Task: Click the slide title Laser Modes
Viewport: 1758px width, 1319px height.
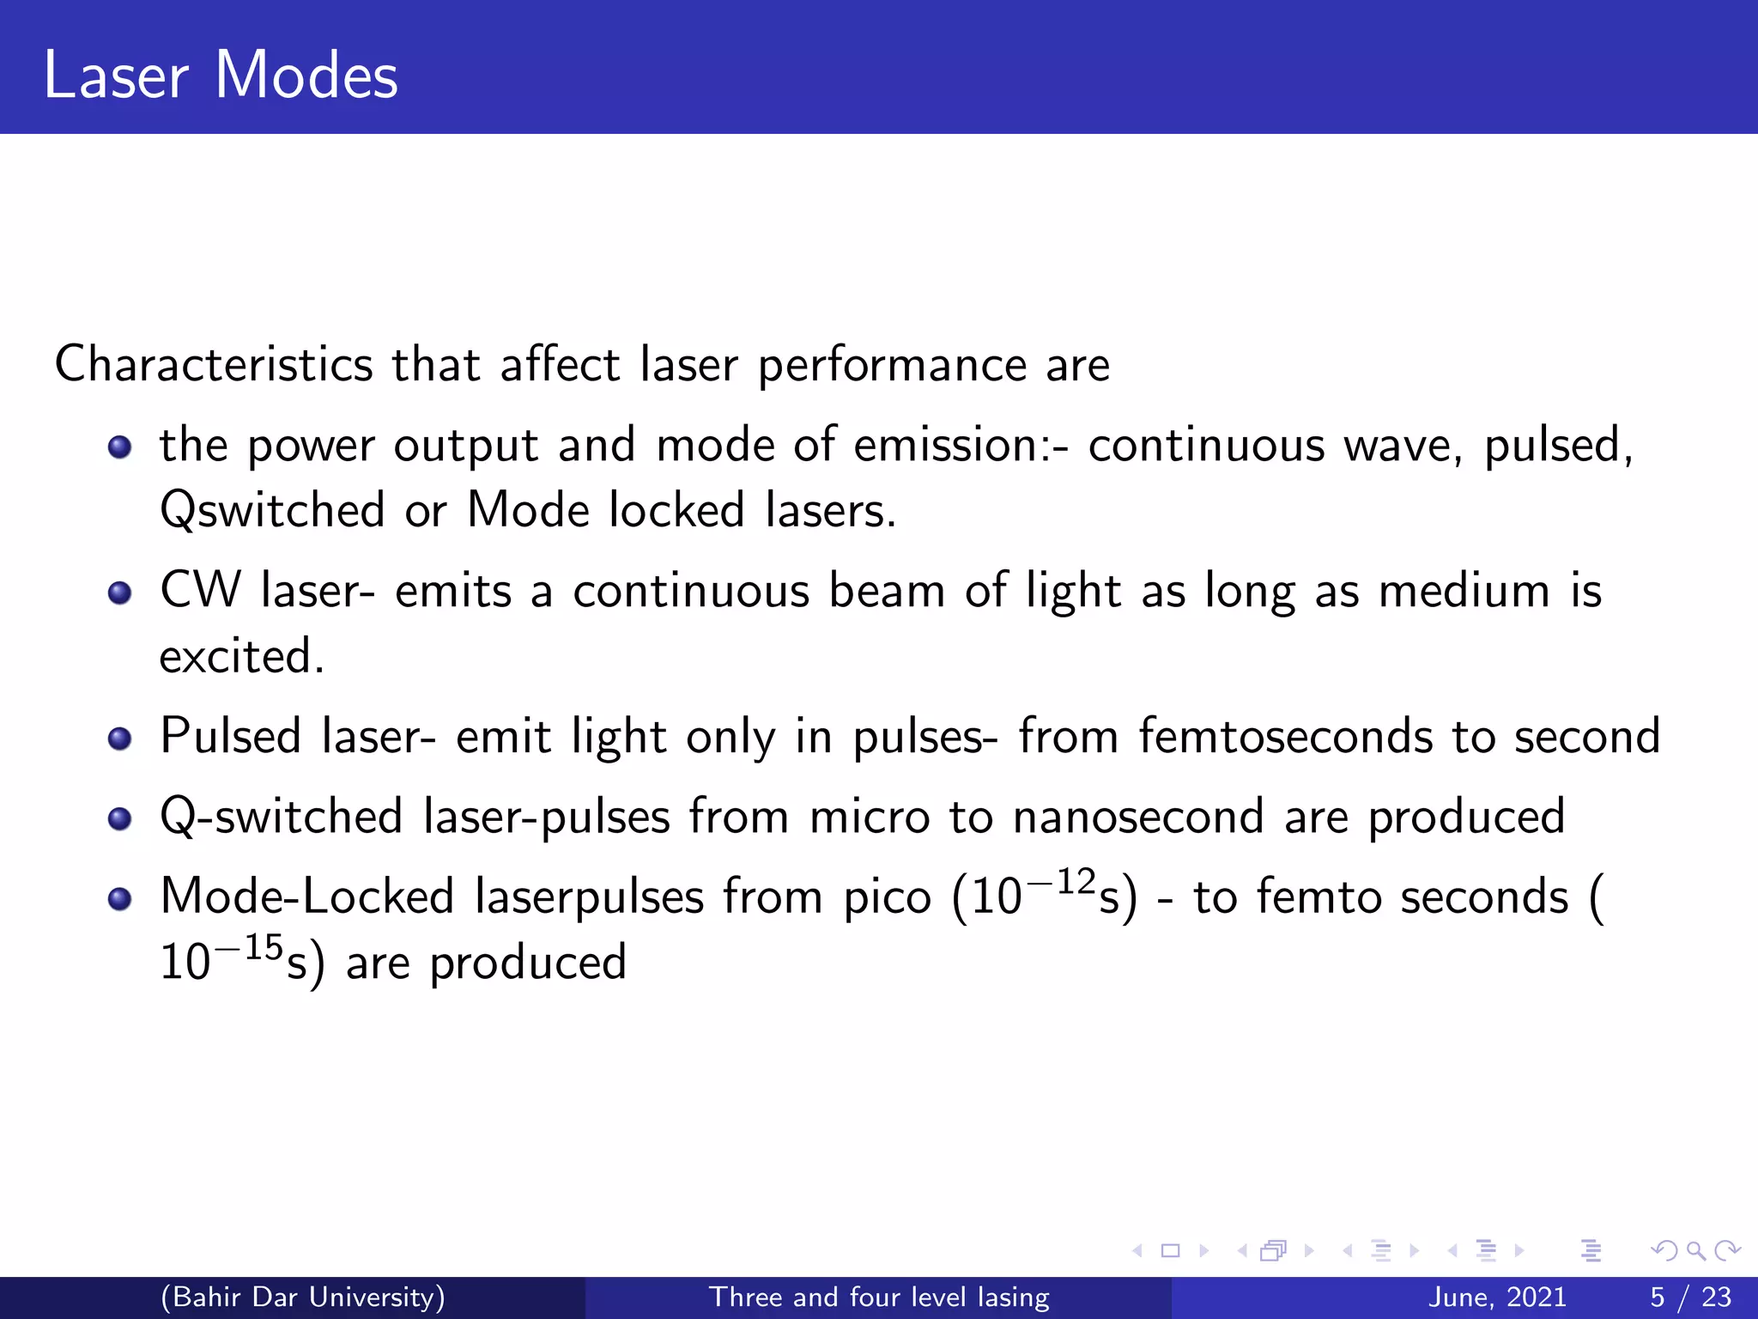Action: (221, 76)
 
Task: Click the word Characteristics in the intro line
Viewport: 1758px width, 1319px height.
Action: (214, 364)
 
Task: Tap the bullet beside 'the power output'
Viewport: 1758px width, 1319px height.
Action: (119, 447)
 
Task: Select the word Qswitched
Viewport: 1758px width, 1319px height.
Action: (272, 510)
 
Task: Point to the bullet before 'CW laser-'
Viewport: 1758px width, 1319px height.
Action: (119, 593)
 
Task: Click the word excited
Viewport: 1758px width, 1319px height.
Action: (241, 657)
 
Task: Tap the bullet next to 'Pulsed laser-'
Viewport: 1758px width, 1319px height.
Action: (119, 739)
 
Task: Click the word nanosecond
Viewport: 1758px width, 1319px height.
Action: (1138, 817)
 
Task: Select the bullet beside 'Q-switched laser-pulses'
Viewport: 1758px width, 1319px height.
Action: (119, 818)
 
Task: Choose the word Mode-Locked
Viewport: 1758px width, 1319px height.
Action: (307, 897)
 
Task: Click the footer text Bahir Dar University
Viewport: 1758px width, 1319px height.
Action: (303, 1297)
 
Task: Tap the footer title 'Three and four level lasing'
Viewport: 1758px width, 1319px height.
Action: (879, 1297)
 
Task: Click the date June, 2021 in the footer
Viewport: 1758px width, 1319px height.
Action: (1497, 1297)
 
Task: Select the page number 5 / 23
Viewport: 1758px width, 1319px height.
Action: (1690, 1297)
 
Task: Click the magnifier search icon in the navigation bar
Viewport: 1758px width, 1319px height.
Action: (1695, 1251)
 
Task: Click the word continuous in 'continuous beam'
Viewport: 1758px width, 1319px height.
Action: (691, 592)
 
